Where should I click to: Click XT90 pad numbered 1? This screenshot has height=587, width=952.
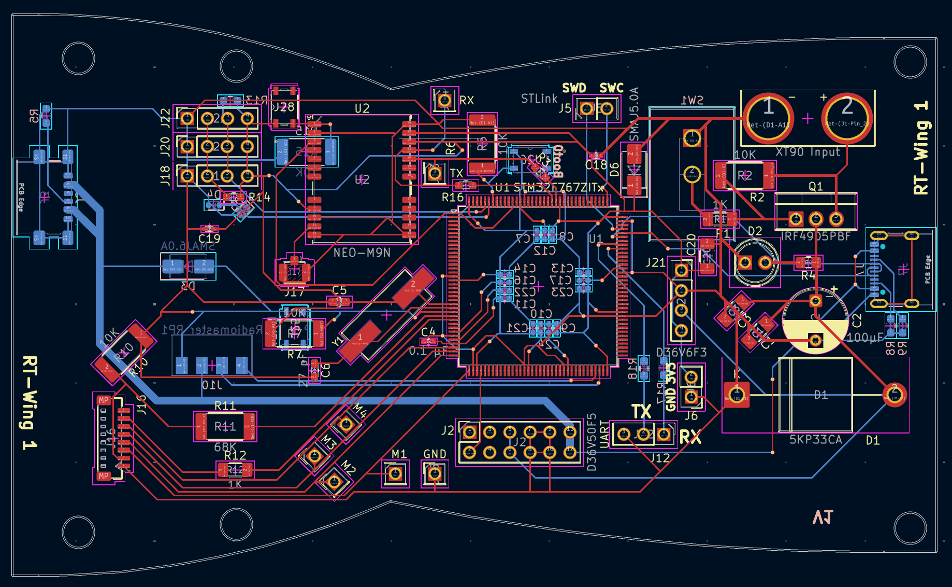point(768,118)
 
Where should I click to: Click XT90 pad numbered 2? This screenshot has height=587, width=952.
point(847,118)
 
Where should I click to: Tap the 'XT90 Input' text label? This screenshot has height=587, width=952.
point(807,152)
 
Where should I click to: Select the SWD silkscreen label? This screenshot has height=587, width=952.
point(574,88)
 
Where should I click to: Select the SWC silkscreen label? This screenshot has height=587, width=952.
point(611,88)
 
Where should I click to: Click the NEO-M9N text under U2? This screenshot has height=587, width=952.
point(362,253)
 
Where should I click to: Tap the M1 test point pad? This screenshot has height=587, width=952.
point(395,473)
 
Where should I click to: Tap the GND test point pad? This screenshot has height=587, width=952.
point(435,473)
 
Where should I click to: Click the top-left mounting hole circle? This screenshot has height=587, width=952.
point(78,58)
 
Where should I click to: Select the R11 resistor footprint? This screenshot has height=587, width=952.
point(225,426)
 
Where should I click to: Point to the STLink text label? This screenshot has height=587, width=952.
point(539,99)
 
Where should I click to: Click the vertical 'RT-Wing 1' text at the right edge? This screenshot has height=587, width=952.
point(921,148)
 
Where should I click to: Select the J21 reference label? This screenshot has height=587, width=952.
point(655,263)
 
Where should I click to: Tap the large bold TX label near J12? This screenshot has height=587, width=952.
point(641,412)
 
